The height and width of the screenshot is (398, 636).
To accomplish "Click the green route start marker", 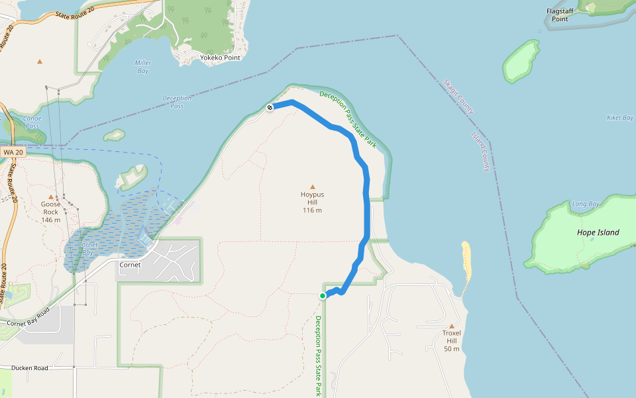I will point(323,296).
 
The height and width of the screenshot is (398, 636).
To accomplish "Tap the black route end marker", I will point(270,107).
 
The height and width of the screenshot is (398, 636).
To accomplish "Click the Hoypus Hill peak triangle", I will point(313,187).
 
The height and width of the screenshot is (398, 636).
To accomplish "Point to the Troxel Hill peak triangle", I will point(452,326).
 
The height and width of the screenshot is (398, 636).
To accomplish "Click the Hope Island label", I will point(598,232).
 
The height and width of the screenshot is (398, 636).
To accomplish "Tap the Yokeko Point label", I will point(220,58).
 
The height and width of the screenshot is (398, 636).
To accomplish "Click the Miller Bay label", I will point(143,66).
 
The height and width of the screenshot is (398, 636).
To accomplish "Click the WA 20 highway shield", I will point(13,153).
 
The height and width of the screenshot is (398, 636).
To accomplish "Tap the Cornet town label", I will point(130,264).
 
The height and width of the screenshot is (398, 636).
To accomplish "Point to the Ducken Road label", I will point(29,367).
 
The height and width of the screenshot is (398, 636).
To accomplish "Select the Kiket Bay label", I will point(619,117).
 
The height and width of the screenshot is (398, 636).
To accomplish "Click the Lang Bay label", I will point(585,204).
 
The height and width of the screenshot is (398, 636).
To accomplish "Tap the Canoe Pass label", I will point(32,122).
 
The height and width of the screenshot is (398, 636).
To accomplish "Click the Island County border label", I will point(480,151).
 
